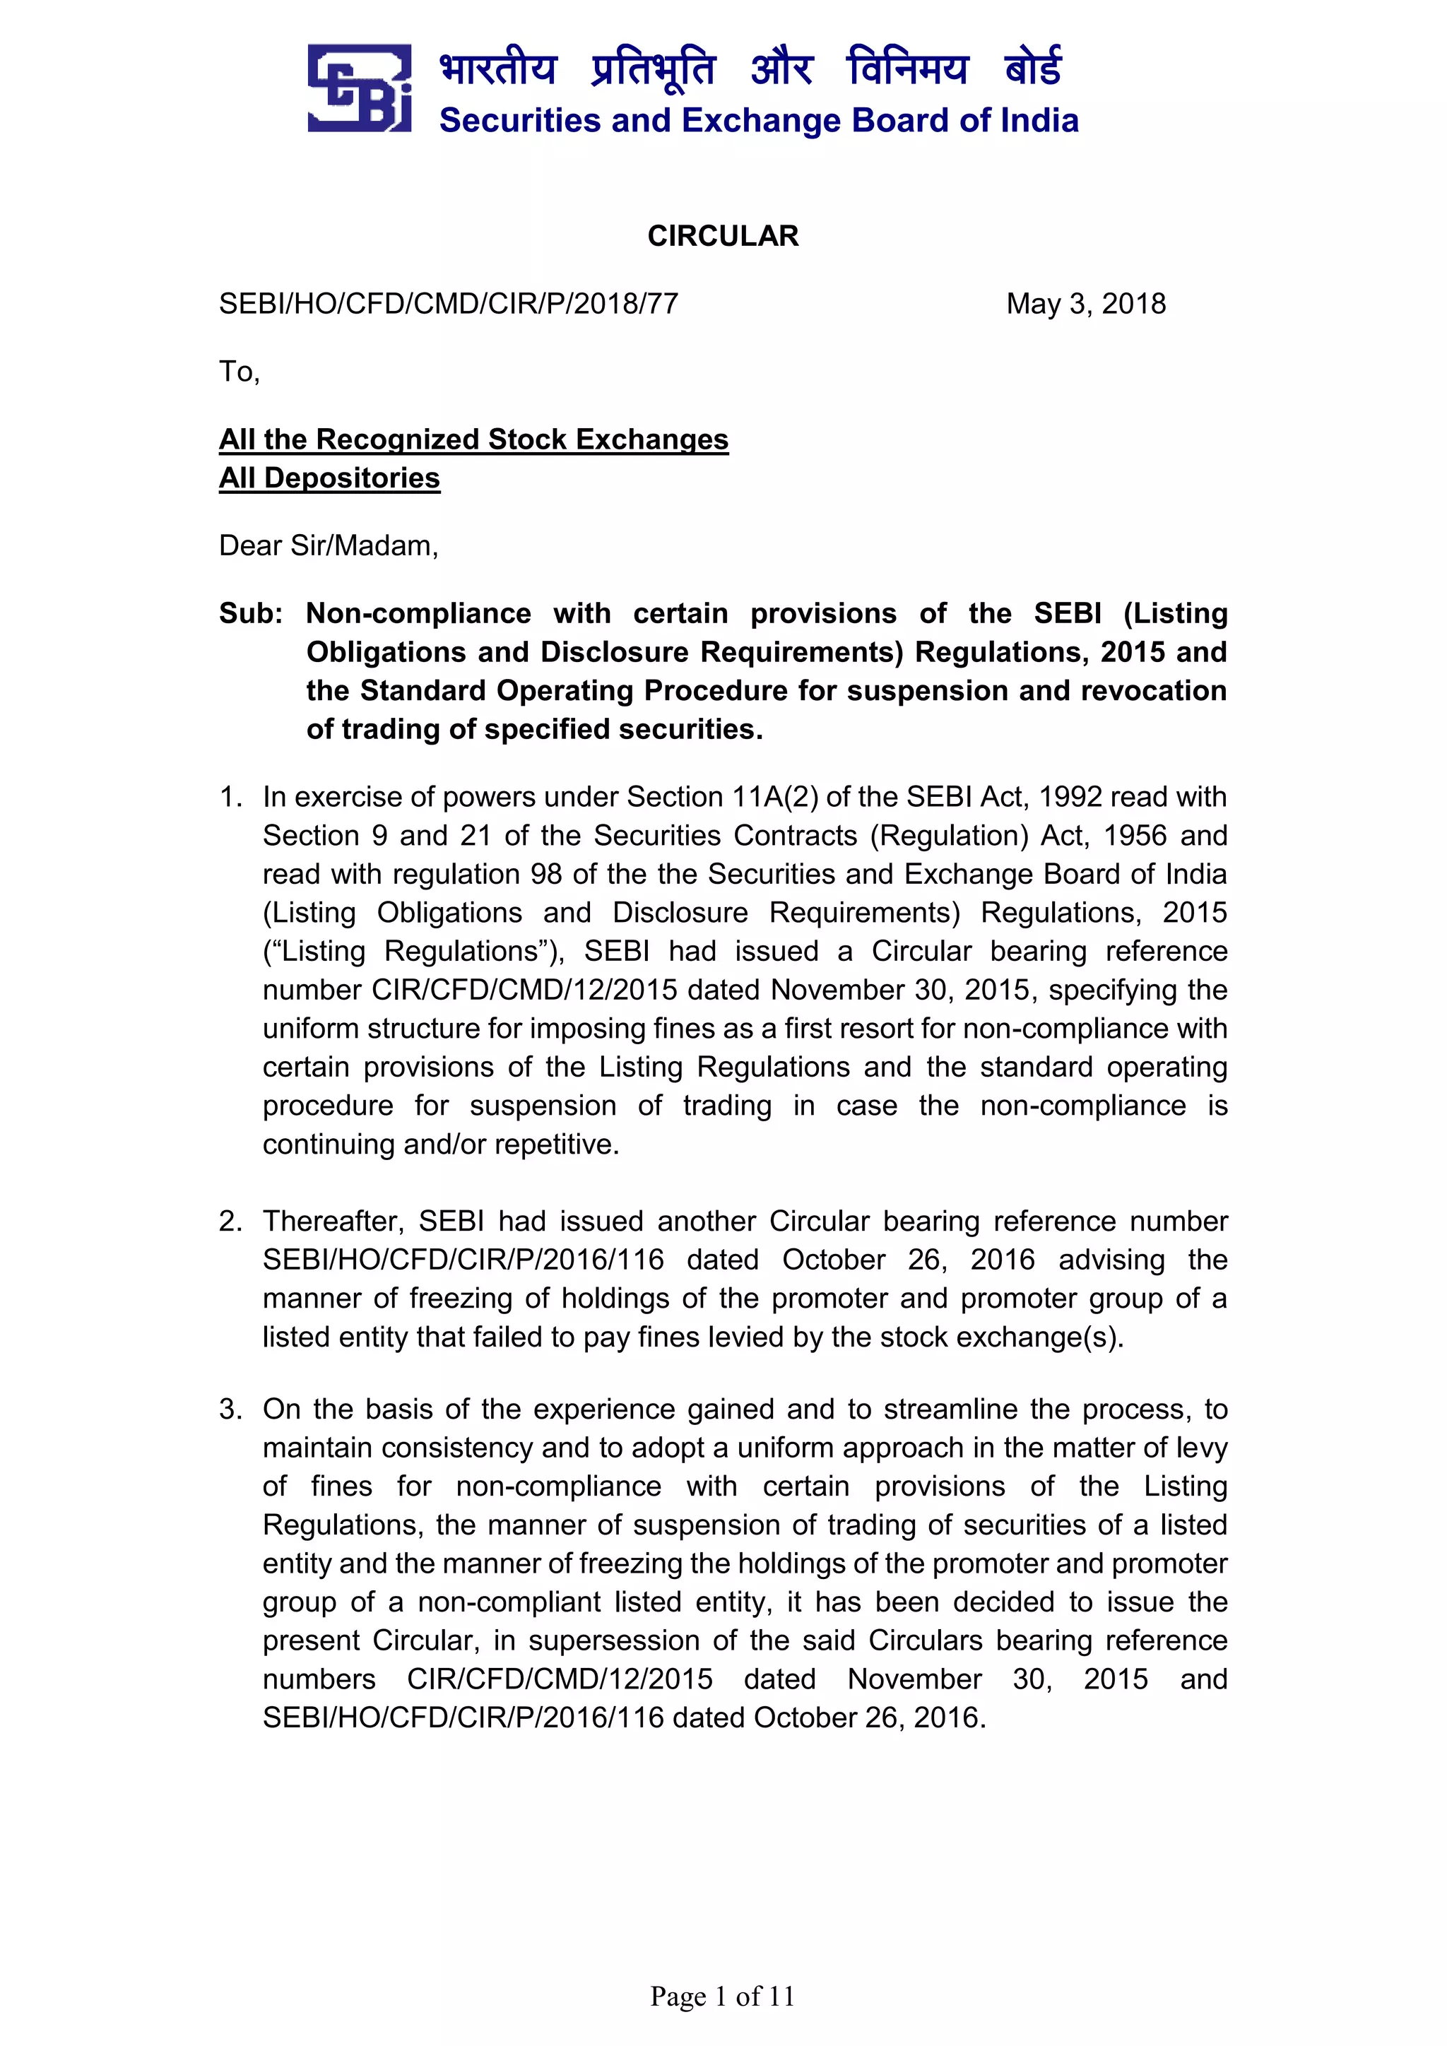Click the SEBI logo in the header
click(359, 88)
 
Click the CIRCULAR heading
click(723, 236)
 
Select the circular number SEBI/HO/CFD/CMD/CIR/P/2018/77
click(448, 304)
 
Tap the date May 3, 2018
click(1085, 304)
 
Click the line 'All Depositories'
click(330, 478)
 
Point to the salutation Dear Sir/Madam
click(329, 545)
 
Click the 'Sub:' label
click(250, 613)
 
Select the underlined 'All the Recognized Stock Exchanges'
click(473, 439)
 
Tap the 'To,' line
click(239, 372)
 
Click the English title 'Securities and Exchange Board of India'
click(758, 120)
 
